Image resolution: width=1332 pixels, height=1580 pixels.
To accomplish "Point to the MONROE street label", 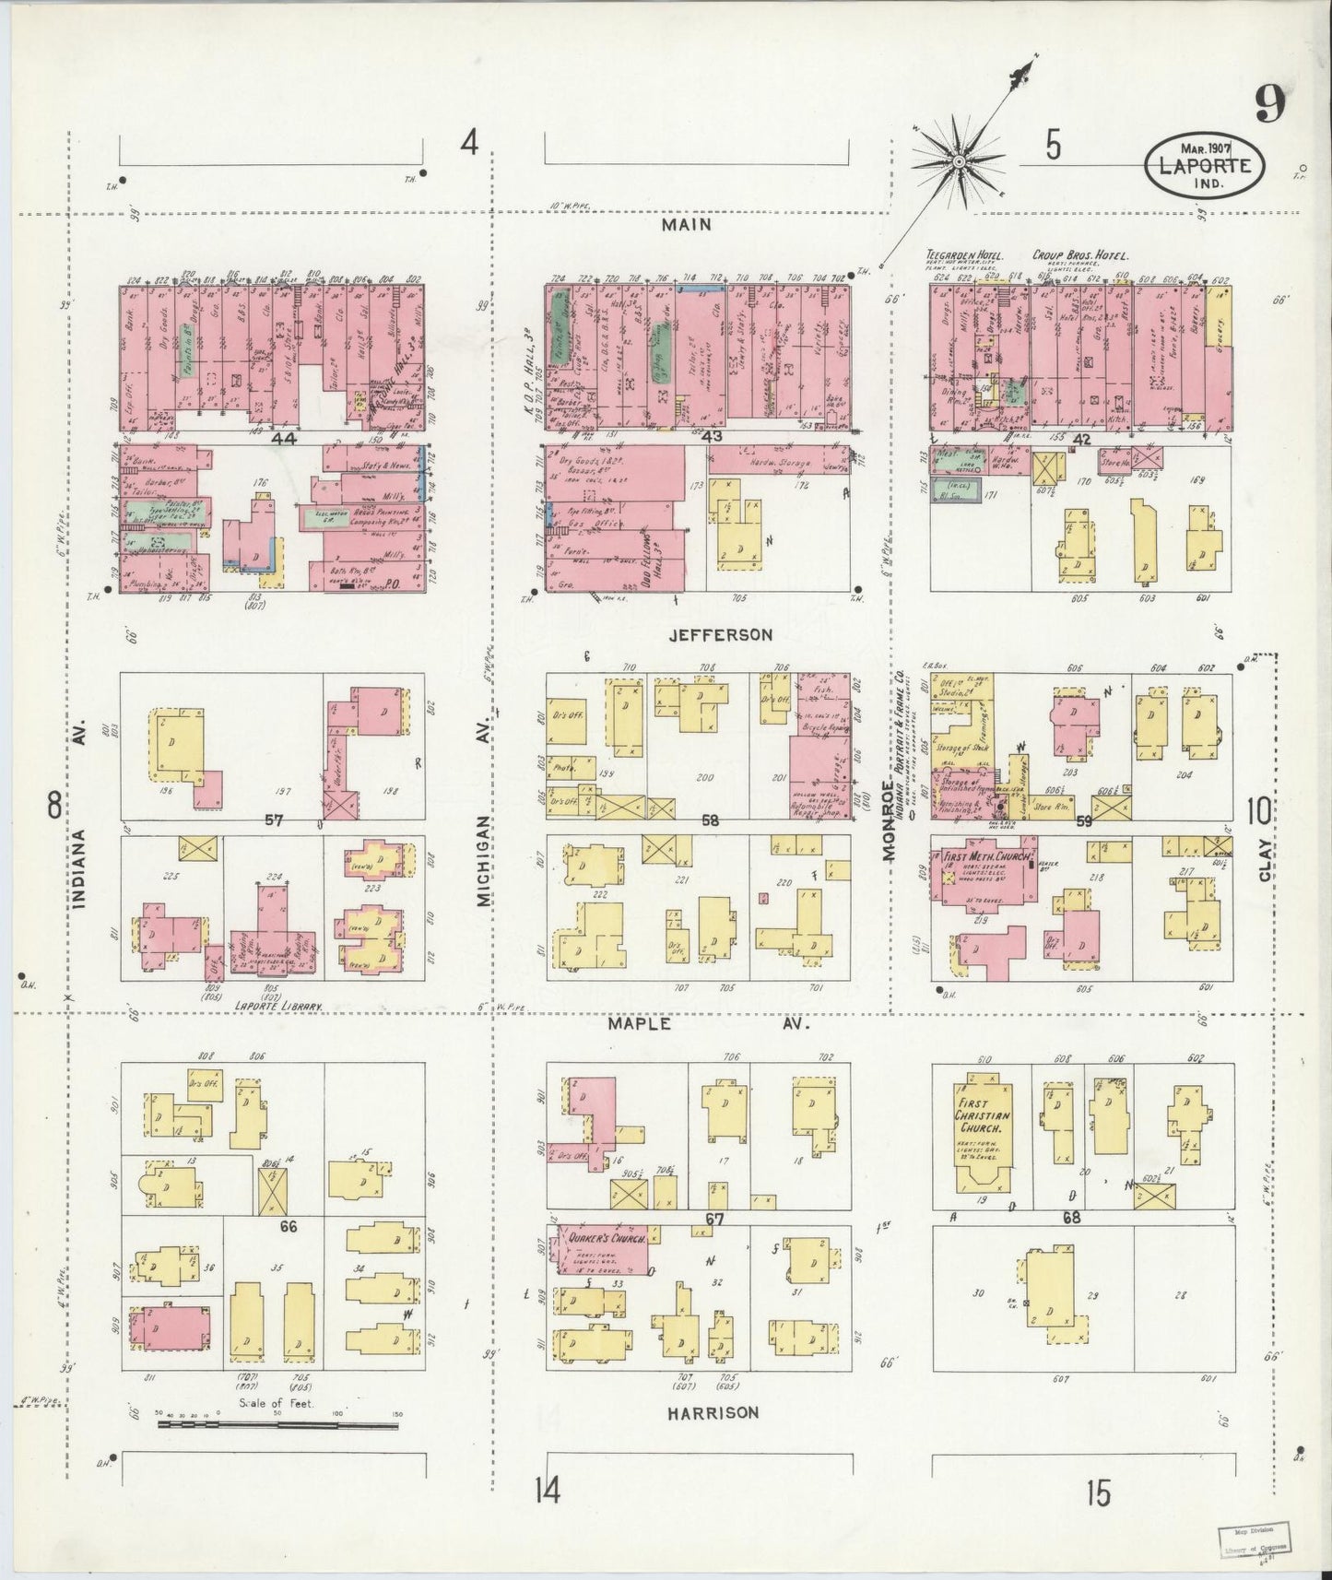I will (x=890, y=820).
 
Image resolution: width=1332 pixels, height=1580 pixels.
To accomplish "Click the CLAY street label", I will (x=1265, y=859).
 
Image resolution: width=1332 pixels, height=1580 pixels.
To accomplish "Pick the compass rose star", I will (x=959, y=162).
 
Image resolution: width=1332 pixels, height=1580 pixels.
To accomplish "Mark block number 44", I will (x=285, y=440).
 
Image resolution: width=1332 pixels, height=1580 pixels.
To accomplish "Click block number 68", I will (x=1070, y=1218).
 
